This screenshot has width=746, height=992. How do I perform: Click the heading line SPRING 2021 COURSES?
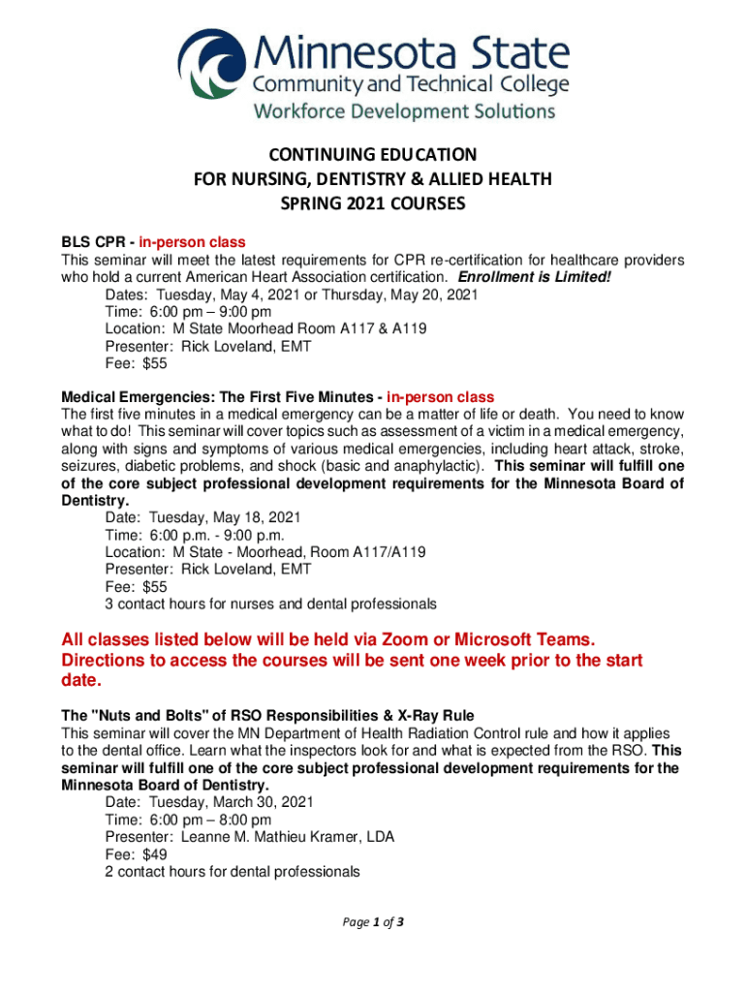click(373, 204)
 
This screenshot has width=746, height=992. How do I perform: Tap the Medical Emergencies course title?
click(222, 397)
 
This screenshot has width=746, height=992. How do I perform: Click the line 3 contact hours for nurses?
click(270, 604)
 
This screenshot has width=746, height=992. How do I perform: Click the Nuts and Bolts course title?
click(250, 715)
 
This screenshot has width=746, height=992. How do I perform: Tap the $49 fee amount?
click(155, 854)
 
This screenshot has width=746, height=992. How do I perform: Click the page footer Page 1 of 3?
click(373, 922)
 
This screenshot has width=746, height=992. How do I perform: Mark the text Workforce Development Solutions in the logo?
click(405, 111)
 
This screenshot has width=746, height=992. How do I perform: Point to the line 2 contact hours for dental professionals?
click(233, 872)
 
